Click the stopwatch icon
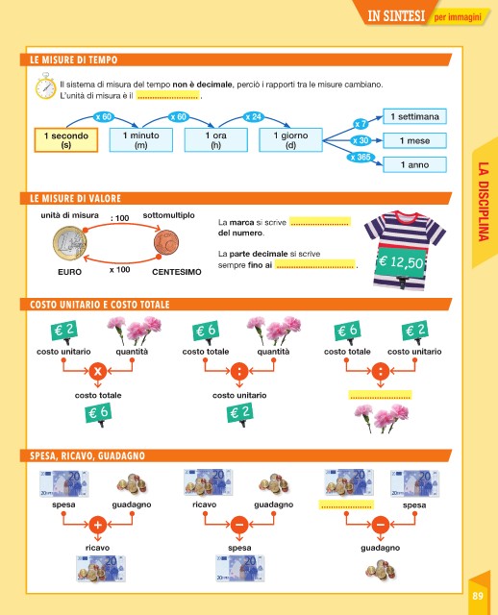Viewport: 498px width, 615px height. [45, 86]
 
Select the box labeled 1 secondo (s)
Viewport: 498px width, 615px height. [66, 140]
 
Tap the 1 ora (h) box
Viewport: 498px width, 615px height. [216, 139]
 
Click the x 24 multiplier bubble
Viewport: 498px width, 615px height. [253, 117]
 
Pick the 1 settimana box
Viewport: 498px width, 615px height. [414, 116]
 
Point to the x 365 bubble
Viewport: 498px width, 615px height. [361, 158]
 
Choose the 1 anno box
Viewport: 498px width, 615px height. [414, 164]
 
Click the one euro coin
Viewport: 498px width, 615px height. [70, 243]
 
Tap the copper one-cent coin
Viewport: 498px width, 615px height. [166, 242]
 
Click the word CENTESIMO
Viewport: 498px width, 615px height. [177, 272]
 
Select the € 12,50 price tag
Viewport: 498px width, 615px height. [401, 261]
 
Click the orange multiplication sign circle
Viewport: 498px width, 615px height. [98, 371]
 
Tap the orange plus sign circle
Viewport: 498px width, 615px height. [98, 524]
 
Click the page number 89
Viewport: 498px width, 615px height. [478, 596]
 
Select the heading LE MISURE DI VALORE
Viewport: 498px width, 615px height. [75, 199]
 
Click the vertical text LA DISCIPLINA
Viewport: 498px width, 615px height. [484, 202]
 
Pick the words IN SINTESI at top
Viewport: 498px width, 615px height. [396, 15]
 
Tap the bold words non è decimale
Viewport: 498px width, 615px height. [203, 85]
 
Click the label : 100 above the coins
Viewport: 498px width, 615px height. [119, 218]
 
